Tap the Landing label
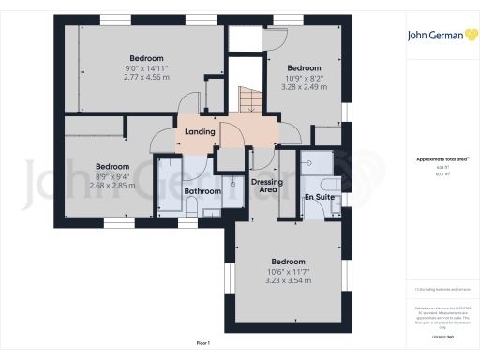pyautogui.click(x=201, y=132)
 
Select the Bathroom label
pyautogui.click(x=202, y=191)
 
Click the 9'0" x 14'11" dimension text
pyautogui.click(x=148, y=67)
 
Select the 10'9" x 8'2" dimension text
pyautogui.click(x=304, y=78)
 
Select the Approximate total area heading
pyautogui.click(x=441, y=159)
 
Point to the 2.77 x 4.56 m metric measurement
pyautogui.click(x=148, y=77)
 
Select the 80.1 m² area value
pyautogui.click(x=442, y=173)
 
